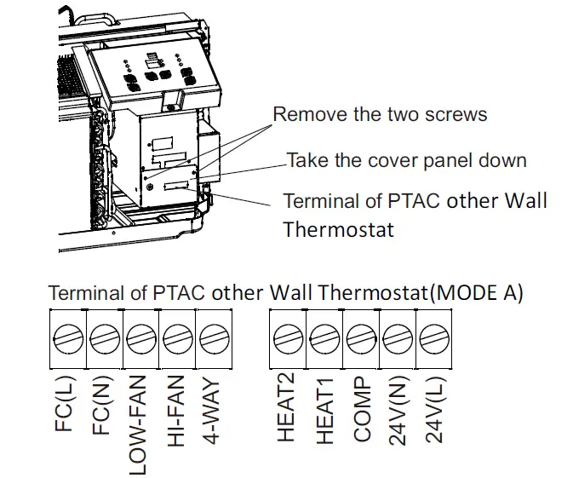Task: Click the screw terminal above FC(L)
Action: (68, 339)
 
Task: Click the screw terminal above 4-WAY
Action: (213, 339)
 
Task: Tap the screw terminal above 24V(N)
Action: (398, 339)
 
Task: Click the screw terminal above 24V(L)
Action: (434, 339)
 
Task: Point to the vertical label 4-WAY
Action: (213, 410)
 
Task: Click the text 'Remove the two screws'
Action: (379, 114)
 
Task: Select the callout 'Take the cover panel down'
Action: (406, 159)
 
